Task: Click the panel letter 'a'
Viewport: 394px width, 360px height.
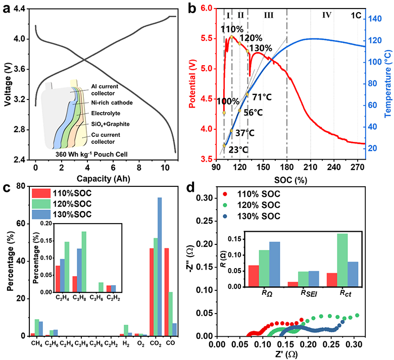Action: pyautogui.click(x=7, y=9)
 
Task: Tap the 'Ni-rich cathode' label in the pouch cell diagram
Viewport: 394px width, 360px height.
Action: pyautogui.click(x=112, y=103)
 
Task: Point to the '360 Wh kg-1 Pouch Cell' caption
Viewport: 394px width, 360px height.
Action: pyautogui.click(x=91, y=154)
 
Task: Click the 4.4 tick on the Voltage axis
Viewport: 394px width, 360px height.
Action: pyautogui.click(x=20, y=9)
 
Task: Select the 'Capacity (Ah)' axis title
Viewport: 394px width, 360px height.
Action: pyautogui.click(x=103, y=179)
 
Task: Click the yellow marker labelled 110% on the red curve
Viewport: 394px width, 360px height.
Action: pyautogui.click(x=231, y=37)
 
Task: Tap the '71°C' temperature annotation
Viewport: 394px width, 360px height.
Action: pyautogui.click(x=262, y=97)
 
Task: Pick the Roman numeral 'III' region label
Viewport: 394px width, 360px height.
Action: pyautogui.click(x=269, y=15)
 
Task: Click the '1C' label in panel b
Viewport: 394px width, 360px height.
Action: pyautogui.click(x=356, y=16)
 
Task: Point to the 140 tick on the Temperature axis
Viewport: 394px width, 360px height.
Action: pyautogui.click(x=375, y=19)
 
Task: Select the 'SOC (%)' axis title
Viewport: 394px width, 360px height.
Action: pyautogui.click(x=291, y=180)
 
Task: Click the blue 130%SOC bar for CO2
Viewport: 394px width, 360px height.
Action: pyautogui.click(x=160, y=267)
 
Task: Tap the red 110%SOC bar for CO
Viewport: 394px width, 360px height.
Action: pyautogui.click(x=166, y=292)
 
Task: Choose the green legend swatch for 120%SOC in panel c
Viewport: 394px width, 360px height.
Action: pyautogui.click(x=41, y=204)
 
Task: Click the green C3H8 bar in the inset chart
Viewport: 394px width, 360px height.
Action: pyautogui.click(x=84, y=262)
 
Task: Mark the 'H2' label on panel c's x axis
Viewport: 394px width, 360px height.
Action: pyautogui.click(x=126, y=344)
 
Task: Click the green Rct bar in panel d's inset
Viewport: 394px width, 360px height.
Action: pyautogui.click(x=342, y=260)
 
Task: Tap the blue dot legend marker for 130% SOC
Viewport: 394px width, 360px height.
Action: pyautogui.click(x=225, y=216)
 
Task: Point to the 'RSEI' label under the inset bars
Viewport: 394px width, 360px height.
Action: pyautogui.click(x=309, y=293)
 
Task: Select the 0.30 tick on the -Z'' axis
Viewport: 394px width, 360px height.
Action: pyautogui.click(x=205, y=198)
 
